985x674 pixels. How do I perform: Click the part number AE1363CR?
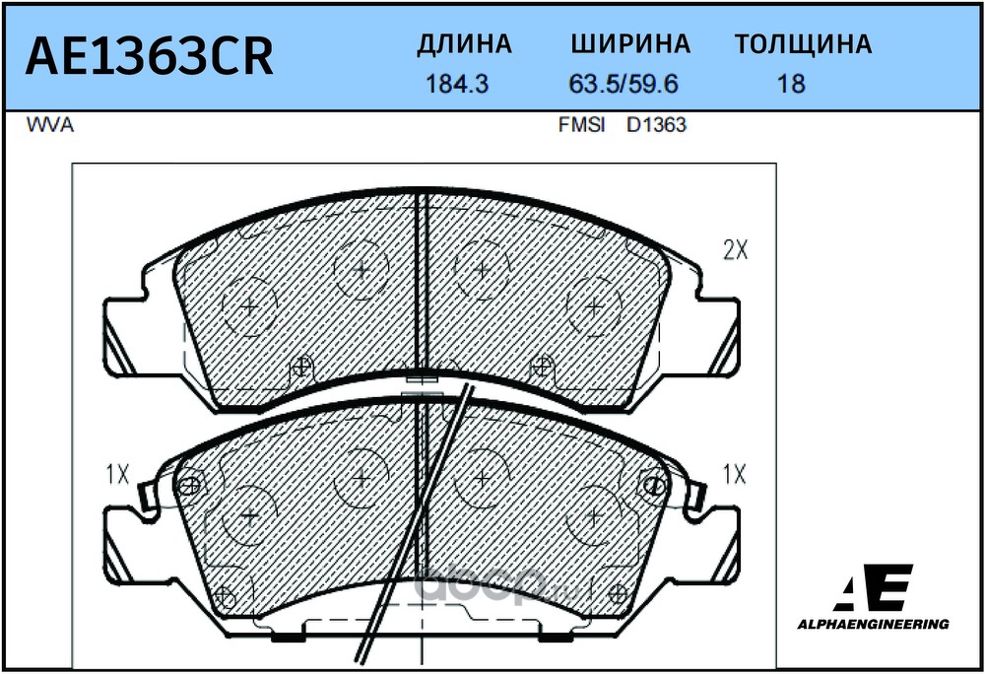coord(149,57)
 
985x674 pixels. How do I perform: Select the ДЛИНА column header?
coord(464,44)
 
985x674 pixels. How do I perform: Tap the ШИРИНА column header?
coord(630,44)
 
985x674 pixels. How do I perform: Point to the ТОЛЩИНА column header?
coord(803,44)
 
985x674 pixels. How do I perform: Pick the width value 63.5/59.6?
coord(624,85)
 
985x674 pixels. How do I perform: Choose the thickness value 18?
coord(791,85)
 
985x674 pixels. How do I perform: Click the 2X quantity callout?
coord(736,251)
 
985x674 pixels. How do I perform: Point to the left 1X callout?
coord(117,475)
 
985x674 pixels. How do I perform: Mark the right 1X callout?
coord(734,475)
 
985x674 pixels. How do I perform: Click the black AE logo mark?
coord(875,589)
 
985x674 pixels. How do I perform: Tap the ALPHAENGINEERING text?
coord(873,624)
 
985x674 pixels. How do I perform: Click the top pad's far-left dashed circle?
coord(250,306)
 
